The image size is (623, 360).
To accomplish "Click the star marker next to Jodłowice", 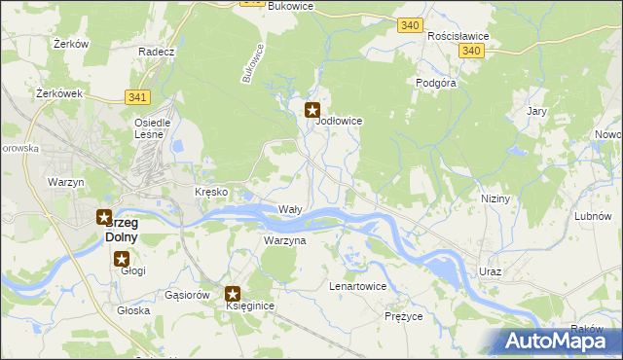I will tap(312, 111).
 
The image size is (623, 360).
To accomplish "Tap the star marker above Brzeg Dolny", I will tap(103, 217).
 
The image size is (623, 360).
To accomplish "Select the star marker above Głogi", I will tap(122, 258).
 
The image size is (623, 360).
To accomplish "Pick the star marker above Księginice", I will tap(234, 293).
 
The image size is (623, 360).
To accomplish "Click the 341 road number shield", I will tap(137, 96).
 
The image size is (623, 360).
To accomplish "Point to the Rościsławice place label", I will tap(458, 36).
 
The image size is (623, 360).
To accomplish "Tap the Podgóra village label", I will tap(436, 84).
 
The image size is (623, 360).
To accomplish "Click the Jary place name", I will tap(536, 112).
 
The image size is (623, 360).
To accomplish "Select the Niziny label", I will tap(495, 198).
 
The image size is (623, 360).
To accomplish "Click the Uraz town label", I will tap(490, 271).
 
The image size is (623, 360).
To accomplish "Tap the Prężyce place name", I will tap(403, 317).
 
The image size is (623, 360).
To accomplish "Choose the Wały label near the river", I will tap(290, 209).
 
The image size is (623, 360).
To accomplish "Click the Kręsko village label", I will tap(211, 192).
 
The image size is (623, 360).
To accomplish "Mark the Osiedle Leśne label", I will tap(152, 128).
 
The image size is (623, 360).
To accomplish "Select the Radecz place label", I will tap(156, 52).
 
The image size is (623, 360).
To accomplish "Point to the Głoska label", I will tap(133, 310).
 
